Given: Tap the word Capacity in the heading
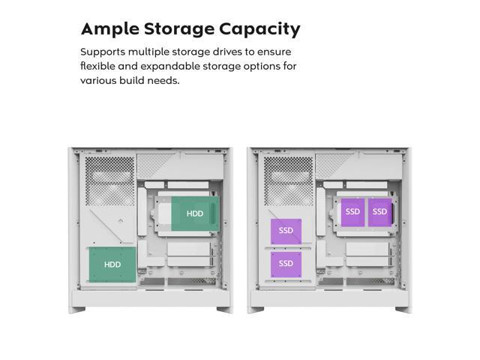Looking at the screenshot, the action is click(x=259, y=29).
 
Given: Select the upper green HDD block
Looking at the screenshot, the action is click(x=194, y=214).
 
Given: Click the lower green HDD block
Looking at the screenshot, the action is click(x=112, y=264).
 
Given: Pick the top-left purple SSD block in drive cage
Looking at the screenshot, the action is click(x=352, y=211).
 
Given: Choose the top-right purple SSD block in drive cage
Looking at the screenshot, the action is click(x=379, y=211).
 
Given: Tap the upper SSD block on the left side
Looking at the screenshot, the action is click(x=286, y=231).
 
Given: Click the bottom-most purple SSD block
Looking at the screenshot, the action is click(x=286, y=264).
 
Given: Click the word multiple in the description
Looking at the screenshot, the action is click(x=152, y=52).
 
